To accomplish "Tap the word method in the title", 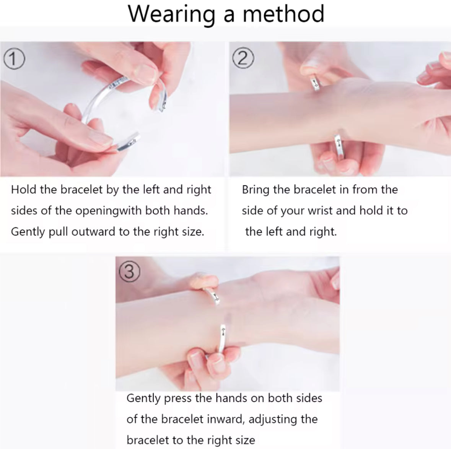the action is [x=283, y=13].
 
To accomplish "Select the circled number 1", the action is [x=14, y=59].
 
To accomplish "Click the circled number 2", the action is [x=243, y=58].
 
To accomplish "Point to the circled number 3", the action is [x=129, y=272].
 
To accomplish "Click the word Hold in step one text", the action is [x=24, y=190].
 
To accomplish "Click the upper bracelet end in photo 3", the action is [x=214, y=296].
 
